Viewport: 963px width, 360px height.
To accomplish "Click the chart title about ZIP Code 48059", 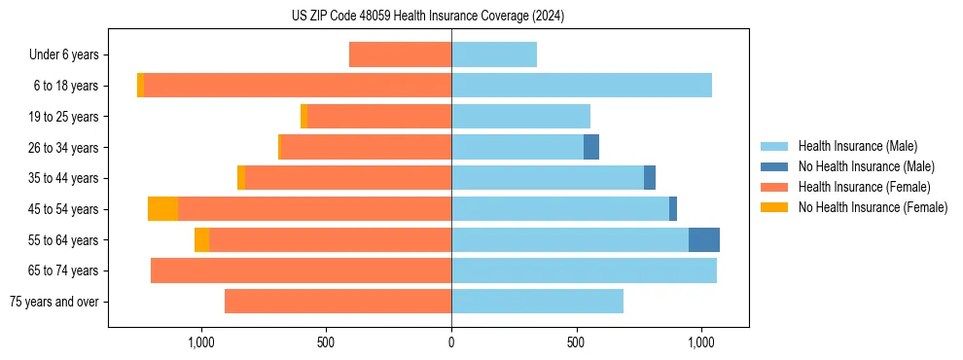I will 428,17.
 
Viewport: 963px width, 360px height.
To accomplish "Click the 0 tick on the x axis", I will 451,342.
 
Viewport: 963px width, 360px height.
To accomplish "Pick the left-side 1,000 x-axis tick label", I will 200,342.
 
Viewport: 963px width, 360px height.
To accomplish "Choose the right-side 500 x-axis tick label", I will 576,342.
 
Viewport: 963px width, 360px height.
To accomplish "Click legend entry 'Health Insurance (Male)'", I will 857,146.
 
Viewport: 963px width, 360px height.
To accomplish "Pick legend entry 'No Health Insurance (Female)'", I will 873,207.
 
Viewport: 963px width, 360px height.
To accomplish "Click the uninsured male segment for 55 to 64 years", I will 704,240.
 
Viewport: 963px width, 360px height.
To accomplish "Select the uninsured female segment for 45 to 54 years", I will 162,209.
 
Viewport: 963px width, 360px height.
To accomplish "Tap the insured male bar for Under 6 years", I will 494,55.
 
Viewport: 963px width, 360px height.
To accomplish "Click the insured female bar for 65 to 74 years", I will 302,270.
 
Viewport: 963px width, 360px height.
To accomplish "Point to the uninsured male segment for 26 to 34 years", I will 591,148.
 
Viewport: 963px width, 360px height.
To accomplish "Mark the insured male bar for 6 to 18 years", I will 582,86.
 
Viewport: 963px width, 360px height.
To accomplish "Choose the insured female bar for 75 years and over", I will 338,302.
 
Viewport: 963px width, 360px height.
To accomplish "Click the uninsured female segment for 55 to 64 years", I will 201,240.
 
